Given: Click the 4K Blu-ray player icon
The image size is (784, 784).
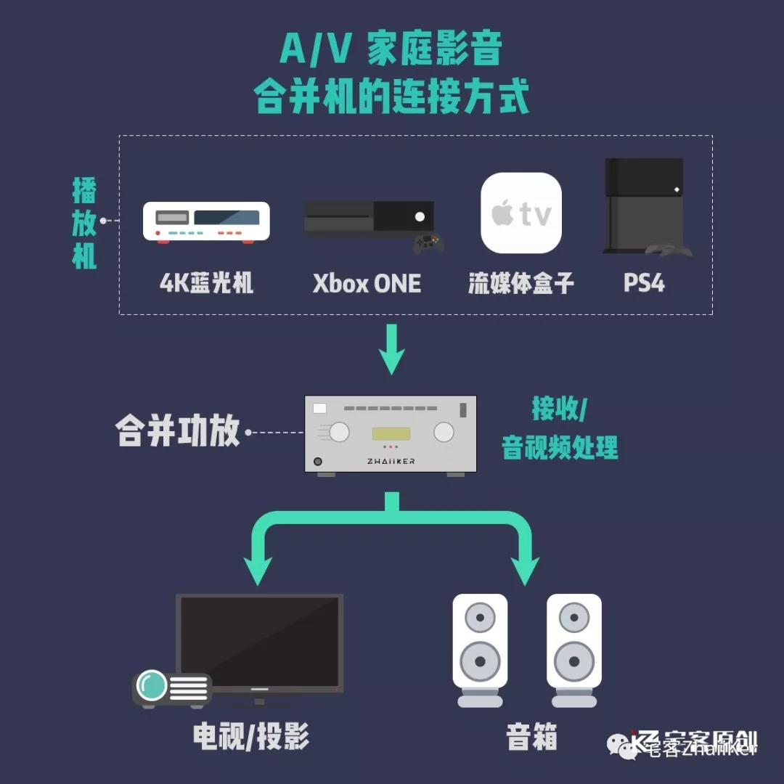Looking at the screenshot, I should click(206, 221).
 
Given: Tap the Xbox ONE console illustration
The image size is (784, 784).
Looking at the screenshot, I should click(369, 217).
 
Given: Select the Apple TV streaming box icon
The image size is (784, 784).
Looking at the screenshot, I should click(521, 213).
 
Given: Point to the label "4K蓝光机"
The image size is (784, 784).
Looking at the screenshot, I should click(206, 282).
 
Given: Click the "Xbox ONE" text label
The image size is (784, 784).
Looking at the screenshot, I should click(367, 283).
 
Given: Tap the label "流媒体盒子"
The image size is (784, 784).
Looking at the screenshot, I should click(520, 283).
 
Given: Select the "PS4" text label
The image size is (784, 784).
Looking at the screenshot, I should click(644, 282).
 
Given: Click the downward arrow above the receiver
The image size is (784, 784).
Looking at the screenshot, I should click(392, 351).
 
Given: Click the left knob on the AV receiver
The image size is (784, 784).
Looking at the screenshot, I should click(339, 432).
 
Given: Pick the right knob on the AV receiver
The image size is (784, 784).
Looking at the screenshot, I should click(444, 432).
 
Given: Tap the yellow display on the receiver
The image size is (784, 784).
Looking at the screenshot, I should click(391, 433).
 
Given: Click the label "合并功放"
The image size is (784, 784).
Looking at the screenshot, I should click(178, 432).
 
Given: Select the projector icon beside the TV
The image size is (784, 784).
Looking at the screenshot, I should click(171, 688).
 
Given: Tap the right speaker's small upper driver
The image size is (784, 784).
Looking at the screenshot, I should click(574, 618).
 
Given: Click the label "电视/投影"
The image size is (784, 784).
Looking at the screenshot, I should click(251, 737).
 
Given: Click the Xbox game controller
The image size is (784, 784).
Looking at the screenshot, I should click(428, 243).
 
